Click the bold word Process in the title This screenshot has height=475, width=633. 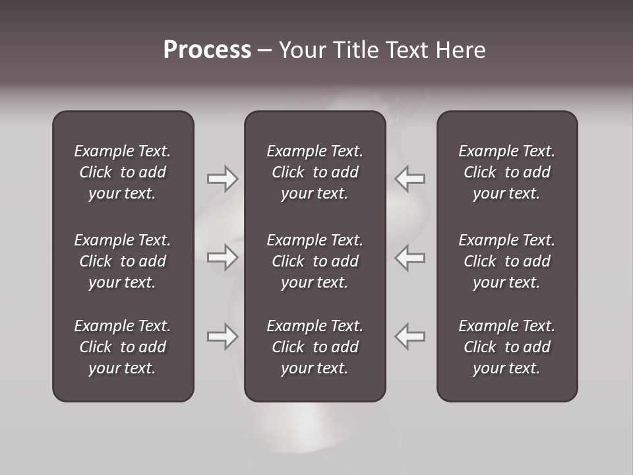[207, 50]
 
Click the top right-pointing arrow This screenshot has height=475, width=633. [222, 178]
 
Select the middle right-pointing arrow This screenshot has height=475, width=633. [222, 257]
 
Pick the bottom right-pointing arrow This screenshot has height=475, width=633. [222, 336]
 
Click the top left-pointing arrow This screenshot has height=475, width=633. [410, 178]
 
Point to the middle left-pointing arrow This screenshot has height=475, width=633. [410, 257]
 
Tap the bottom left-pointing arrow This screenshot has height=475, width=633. [410, 336]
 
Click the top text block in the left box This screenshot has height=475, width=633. [123, 172]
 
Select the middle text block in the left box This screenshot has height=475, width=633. [123, 261]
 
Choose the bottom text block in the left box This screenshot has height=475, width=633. [123, 347]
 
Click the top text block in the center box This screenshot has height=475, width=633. [315, 172]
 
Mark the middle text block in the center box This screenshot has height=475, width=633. [315, 261]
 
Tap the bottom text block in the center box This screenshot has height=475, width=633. [315, 347]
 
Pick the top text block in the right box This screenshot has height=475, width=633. [506, 172]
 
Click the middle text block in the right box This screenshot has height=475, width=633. [506, 261]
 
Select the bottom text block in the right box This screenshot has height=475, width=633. [506, 347]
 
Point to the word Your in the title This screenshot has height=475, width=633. [301, 50]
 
